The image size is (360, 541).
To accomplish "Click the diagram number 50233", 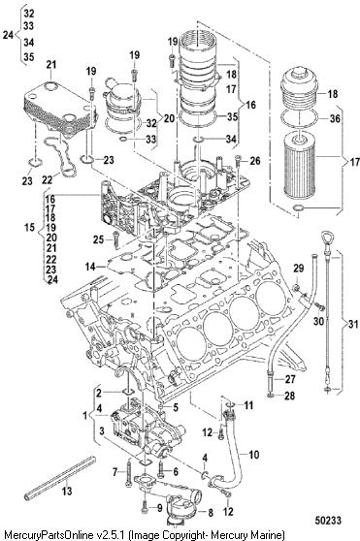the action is [328, 521].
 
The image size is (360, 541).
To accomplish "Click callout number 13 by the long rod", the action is [67, 491].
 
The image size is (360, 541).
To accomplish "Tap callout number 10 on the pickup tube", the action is [253, 455].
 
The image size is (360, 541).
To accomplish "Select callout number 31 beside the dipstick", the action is [352, 324].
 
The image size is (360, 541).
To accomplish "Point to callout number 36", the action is [335, 118].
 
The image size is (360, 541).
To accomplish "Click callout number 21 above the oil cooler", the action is [51, 65].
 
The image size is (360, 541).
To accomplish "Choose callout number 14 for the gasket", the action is [90, 267].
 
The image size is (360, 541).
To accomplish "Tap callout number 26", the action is [255, 160].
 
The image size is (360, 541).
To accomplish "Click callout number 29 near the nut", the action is [298, 269].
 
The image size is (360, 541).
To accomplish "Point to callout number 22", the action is [48, 179].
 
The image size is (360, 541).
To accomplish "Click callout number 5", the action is [176, 407].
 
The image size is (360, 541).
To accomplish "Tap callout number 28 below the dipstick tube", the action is [289, 396].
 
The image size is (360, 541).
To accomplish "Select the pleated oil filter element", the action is [299, 167].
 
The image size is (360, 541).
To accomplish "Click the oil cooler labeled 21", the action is [58, 109].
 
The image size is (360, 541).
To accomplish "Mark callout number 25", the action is [99, 239].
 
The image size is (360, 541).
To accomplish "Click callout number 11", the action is [248, 405].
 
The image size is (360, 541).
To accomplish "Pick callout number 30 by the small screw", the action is [318, 321].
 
